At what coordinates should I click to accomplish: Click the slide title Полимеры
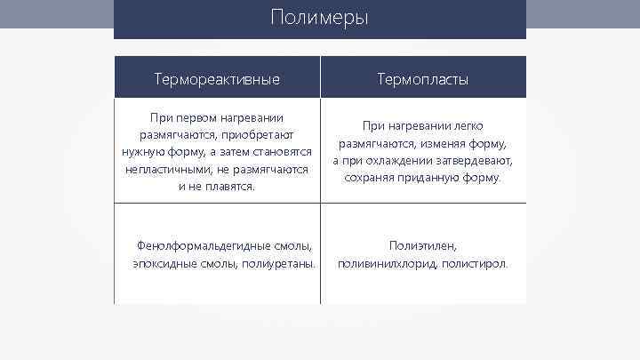(x=320, y=18)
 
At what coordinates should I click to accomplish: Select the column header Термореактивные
(x=217, y=79)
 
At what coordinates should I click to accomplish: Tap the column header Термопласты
(x=423, y=79)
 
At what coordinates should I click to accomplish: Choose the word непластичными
(x=164, y=169)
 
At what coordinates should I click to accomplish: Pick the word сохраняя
(x=372, y=178)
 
